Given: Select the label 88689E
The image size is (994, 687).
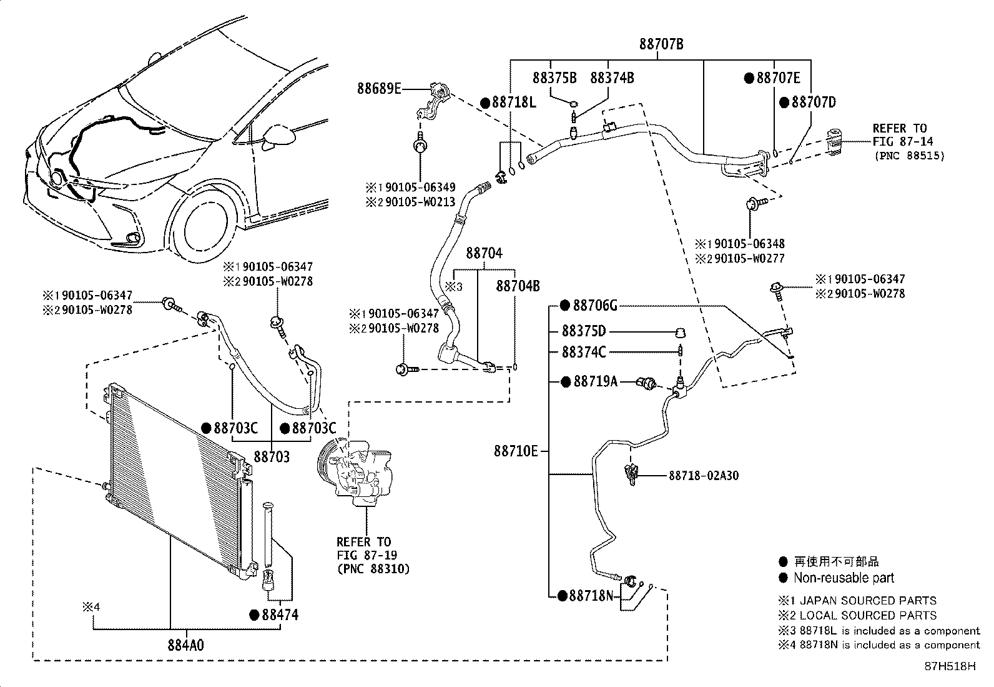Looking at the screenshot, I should (x=379, y=89).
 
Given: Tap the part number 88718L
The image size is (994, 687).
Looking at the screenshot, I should (x=514, y=103).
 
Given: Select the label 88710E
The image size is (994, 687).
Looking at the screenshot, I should (x=516, y=451).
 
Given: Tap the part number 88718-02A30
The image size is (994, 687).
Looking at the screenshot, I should (x=704, y=476).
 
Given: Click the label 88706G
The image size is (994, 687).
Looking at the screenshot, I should (x=594, y=306).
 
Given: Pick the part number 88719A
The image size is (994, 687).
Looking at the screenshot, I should (x=595, y=381).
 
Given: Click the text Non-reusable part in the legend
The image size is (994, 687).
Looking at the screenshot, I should (x=844, y=578).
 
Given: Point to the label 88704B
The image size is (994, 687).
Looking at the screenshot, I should (x=518, y=286).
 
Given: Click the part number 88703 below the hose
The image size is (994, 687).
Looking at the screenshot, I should (x=272, y=457).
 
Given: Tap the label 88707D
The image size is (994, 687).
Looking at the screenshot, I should (x=813, y=103).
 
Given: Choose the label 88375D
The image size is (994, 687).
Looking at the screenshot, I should (x=583, y=331).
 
